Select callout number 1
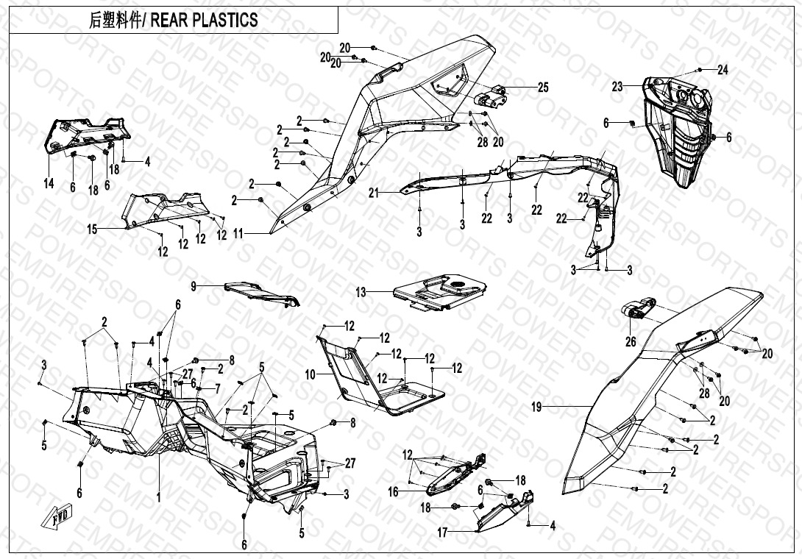(158, 498)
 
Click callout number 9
(194, 285)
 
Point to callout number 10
(310, 374)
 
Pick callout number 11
(238, 233)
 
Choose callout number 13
(361, 292)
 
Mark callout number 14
(49, 184)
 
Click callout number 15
(92, 229)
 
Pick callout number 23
(617, 87)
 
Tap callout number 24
(723, 71)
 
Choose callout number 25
(543, 88)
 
